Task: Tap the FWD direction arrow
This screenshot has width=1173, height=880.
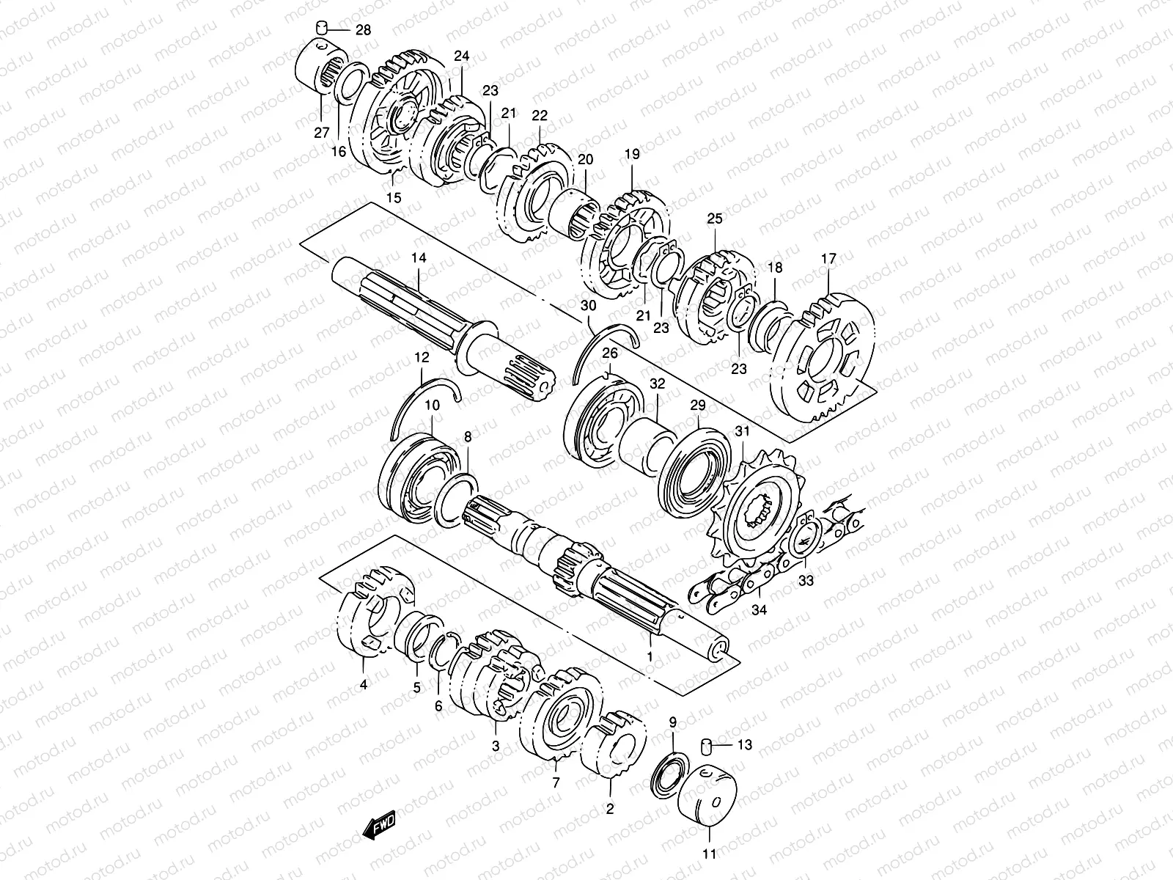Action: click(x=379, y=826)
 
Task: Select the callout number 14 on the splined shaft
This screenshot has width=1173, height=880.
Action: click(x=418, y=258)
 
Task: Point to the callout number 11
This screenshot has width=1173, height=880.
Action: click(x=709, y=854)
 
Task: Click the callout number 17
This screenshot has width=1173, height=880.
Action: click(x=828, y=259)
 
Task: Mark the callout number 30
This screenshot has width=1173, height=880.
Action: click(x=589, y=305)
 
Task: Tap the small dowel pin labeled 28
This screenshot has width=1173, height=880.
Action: click(x=320, y=29)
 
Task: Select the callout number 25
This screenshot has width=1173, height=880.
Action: click(x=714, y=219)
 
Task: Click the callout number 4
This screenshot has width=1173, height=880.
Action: click(x=364, y=685)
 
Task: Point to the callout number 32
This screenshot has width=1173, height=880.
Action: click(x=657, y=384)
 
